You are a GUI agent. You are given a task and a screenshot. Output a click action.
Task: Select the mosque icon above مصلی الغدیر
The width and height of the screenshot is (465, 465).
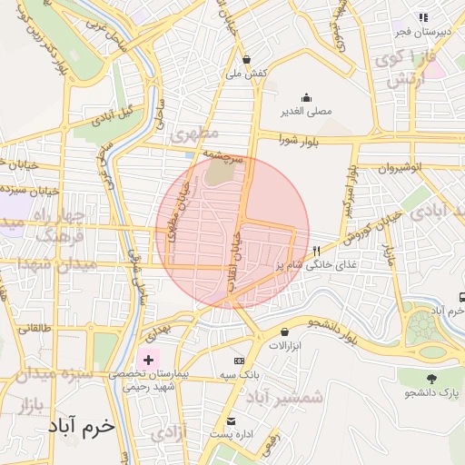(305, 98)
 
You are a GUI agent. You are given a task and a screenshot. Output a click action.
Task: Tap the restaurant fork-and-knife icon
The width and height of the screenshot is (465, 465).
(316, 252)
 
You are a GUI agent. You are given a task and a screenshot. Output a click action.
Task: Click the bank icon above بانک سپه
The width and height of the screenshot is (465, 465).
(239, 361)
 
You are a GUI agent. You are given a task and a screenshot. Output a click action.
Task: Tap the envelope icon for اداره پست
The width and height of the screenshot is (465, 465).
(232, 422)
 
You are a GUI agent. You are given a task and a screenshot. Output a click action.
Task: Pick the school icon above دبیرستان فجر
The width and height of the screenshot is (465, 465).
(422, 17)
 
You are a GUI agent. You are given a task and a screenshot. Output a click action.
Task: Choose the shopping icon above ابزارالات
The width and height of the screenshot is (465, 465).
(285, 332)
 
